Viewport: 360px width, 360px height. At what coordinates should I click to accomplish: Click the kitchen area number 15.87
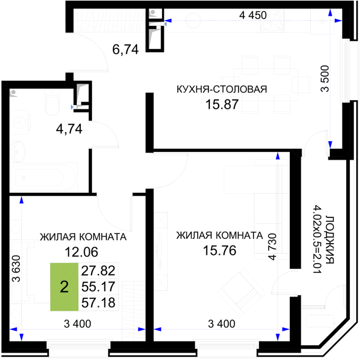point(222,105)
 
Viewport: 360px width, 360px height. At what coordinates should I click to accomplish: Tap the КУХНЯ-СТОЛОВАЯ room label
point(222,89)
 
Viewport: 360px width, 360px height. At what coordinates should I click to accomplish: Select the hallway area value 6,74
point(125,49)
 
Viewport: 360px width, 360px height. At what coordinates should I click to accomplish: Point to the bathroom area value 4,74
point(69,129)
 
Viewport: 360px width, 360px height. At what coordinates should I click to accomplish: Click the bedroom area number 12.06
point(81,252)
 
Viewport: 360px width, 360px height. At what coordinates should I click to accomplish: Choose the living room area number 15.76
point(220,250)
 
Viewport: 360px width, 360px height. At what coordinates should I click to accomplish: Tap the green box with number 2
point(64,287)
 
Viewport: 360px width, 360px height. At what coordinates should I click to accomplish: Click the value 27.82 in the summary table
point(98,271)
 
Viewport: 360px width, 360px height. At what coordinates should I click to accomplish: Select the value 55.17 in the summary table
point(98,287)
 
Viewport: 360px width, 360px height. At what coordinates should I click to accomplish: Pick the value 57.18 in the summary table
point(98,302)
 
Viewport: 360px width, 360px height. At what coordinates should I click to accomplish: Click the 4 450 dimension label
point(253,16)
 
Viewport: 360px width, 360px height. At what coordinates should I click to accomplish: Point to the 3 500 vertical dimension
point(325,79)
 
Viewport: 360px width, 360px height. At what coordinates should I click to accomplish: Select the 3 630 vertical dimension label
point(16,268)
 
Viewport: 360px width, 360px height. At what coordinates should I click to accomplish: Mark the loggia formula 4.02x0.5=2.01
point(318,239)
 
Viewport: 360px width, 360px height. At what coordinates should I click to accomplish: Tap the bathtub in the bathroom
point(44,177)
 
